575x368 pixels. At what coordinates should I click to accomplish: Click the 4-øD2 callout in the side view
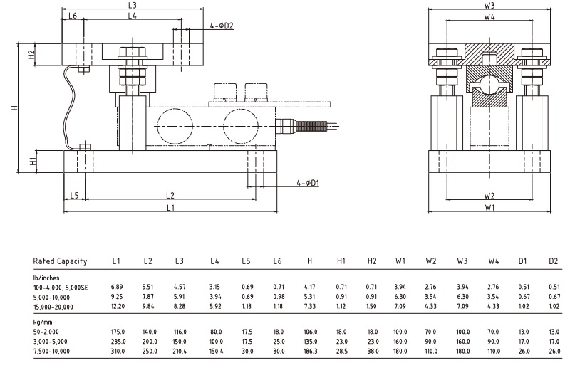point(222,26)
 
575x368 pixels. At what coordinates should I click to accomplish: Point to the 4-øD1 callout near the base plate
point(308,184)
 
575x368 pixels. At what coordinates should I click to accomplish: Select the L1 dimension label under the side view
point(169,207)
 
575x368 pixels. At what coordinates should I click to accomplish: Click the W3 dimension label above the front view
point(489,5)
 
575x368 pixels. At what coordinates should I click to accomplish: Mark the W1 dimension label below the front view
point(489,208)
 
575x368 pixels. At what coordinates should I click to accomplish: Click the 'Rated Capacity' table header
point(60,261)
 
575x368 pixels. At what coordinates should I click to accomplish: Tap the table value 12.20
point(117,306)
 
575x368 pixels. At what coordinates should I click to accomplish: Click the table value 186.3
point(309,351)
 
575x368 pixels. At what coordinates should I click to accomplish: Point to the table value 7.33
point(309,306)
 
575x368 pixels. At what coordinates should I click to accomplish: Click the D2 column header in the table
point(554,261)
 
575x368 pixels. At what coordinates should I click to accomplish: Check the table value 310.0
point(117,351)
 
